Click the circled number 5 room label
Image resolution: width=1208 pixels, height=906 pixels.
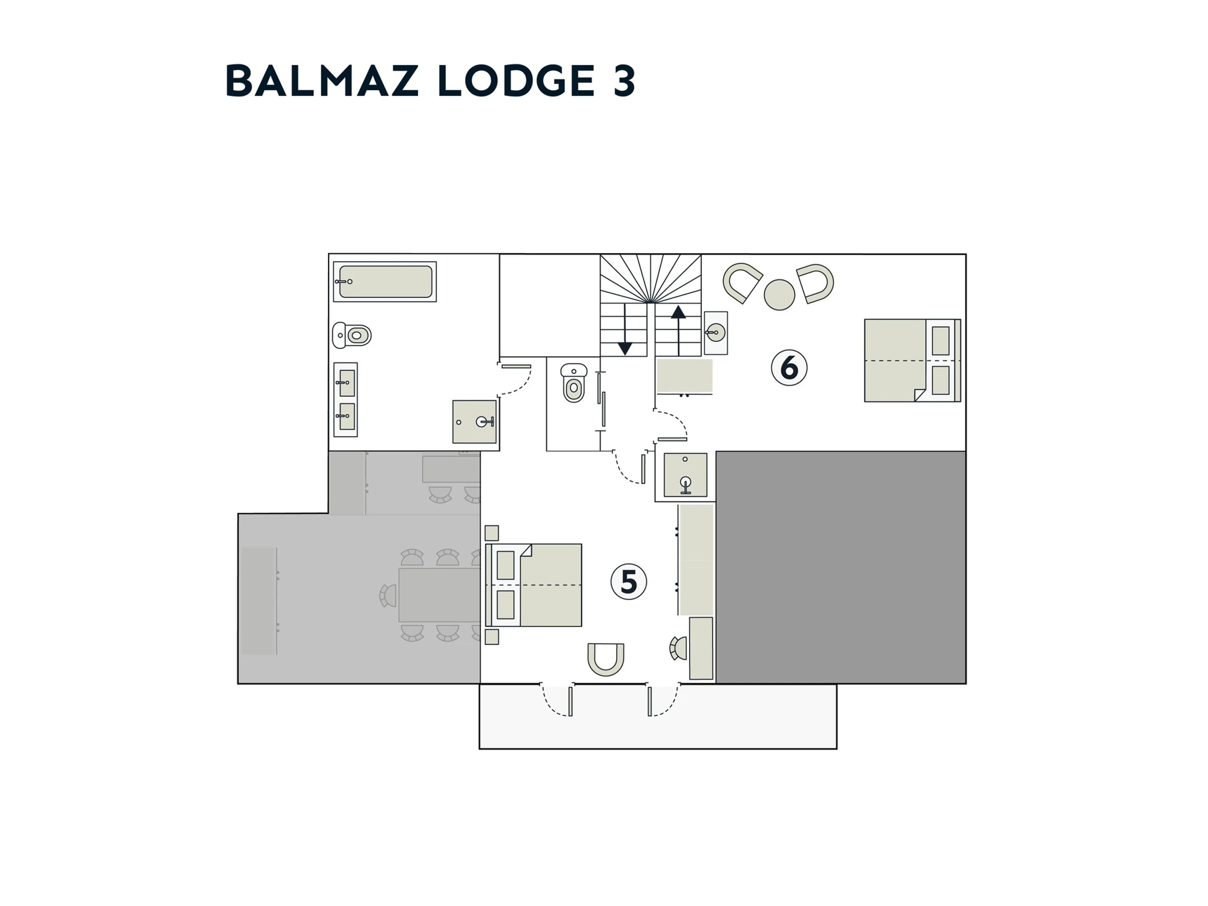[629, 582]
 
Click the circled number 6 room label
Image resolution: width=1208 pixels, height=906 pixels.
[789, 367]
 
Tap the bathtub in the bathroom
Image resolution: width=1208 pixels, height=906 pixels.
[385, 282]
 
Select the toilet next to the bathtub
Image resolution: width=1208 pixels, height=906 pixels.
[352, 335]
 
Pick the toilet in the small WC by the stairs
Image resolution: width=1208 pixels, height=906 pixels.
[573, 383]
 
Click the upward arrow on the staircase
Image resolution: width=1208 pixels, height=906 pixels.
[678, 330]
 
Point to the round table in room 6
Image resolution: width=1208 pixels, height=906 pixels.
[779, 295]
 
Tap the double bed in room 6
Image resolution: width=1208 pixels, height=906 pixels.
[913, 360]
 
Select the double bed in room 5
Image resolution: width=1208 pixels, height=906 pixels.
[534, 585]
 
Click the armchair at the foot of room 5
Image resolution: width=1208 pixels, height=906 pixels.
[606, 660]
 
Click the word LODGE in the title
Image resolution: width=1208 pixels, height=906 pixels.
[516, 81]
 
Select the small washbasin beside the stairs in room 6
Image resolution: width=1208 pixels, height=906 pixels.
[715, 333]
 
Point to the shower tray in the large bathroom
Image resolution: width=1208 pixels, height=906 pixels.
[475, 422]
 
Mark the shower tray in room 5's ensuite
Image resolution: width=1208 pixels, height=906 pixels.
[686, 475]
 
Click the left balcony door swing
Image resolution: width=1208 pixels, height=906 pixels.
[557, 700]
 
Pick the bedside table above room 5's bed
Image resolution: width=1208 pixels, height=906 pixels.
[491, 533]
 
